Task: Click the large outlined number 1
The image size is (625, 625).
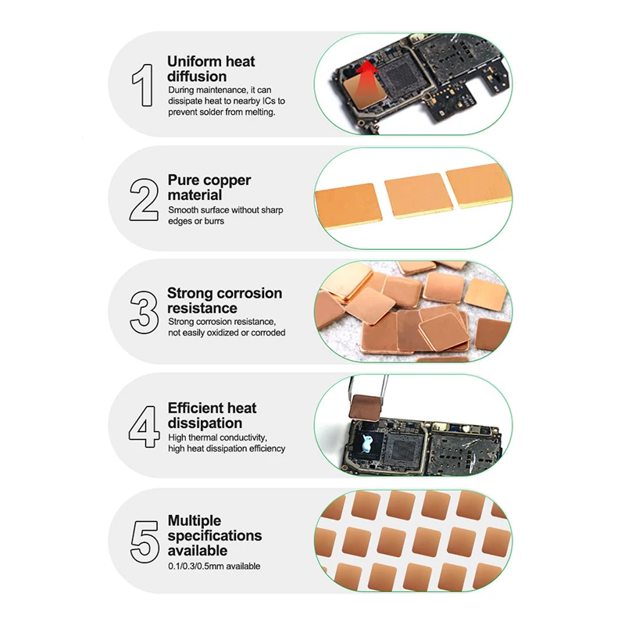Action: [x=144, y=85]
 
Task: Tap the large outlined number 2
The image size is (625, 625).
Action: [x=144, y=199]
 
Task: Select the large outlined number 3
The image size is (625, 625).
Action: [x=145, y=312]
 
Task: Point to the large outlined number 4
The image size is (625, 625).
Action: [x=145, y=427]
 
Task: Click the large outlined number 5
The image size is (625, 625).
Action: [x=145, y=541]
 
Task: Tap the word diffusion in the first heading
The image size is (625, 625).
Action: [x=197, y=77]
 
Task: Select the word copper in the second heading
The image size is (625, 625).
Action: [x=226, y=181]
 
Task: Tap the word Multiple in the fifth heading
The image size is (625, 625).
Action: [x=195, y=520]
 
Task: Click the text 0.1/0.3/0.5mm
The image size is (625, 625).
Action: [x=196, y=566]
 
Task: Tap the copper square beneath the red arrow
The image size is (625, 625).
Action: [x=363, y=91]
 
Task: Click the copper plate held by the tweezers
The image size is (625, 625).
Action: [x=366, y=406]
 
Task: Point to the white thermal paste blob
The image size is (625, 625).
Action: [x=366, y=443]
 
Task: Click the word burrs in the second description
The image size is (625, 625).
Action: [x=214, y=221]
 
